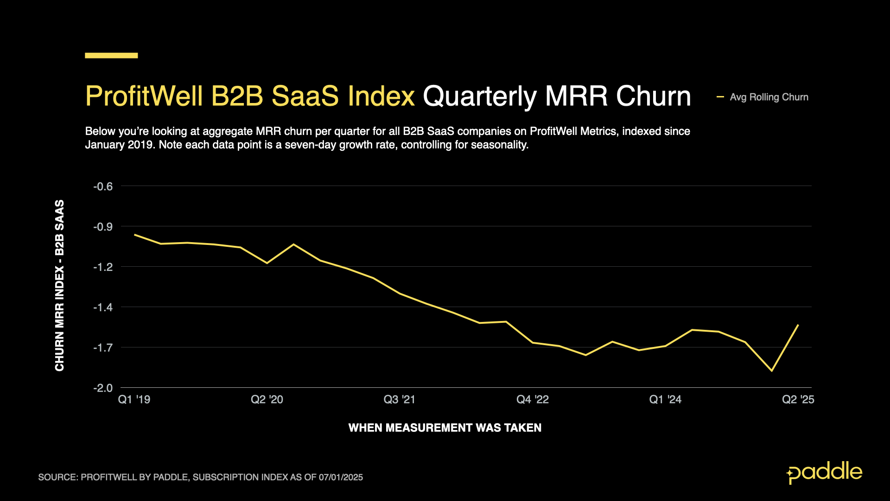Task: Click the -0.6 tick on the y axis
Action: coord(103,186)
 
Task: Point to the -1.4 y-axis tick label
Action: coord(103,307)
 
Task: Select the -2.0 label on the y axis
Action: coord(103,388)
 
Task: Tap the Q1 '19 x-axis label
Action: coord(134,399)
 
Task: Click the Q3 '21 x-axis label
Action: coord(399,399)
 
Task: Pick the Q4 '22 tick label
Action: coord(532,399)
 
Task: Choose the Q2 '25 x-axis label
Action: coord(798,399)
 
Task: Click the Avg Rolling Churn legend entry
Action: coord(769,97)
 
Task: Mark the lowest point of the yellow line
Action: coord(772,371)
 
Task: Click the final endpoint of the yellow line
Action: coord(798,325)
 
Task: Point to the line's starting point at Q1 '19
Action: coord(135,235)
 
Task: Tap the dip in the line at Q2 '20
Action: coord(267,263)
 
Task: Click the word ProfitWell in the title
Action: coord(144,96)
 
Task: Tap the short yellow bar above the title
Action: coord(111,56)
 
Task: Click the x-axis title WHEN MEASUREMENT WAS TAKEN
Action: coord(445,428)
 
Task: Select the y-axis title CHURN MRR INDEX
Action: coord(60,285)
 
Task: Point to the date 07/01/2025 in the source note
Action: coord(341,477)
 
